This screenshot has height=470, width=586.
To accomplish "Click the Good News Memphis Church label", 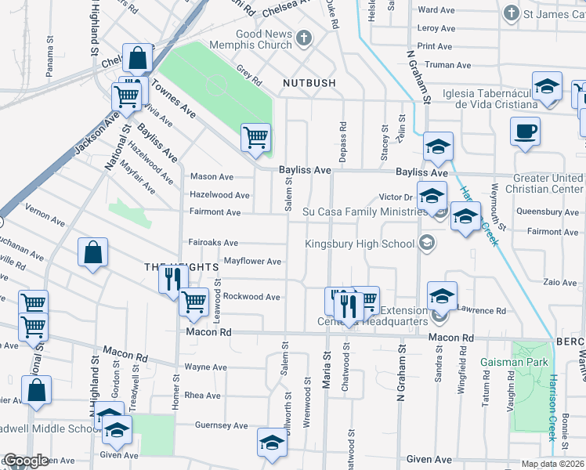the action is [x=264, y=40].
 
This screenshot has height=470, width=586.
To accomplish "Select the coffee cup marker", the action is [x=525, y=132].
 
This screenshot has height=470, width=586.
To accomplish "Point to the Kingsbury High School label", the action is [x=360, y=244].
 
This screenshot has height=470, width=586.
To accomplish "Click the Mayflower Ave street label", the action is [x=252, y=261].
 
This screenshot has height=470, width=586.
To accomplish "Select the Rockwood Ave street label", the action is [x=251, y=297].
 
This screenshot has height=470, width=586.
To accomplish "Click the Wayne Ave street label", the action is [x=205, y=367].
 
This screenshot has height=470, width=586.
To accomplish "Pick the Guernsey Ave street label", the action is [x=222, y=425].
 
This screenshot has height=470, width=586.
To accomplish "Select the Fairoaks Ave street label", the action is [x=212, y=242].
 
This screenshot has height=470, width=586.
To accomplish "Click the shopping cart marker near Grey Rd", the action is [x=256, y=138].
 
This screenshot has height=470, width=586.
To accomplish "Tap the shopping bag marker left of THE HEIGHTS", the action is [x=92, y=252].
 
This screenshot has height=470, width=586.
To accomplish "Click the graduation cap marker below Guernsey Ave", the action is [x=272, y=443].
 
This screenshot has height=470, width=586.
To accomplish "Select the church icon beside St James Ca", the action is [x=511, y=13].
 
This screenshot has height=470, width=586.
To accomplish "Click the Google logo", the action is [x=27, y=461].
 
